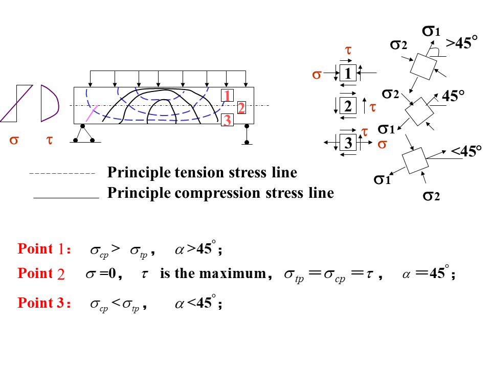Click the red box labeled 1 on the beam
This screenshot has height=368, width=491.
point(228,95)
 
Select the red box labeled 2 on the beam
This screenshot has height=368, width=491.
point(241,107)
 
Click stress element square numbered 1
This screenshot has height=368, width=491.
point(348,73)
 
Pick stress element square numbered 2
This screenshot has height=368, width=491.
point(348,106)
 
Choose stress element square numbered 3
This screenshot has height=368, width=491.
point(348,142)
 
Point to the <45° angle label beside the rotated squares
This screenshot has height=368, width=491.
point(466,151)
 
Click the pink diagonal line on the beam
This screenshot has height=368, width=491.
point(92,113)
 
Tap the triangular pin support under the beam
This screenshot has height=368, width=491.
point(84,133)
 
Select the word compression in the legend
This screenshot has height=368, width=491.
point(218,193)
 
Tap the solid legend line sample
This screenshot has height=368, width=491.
point(65,197)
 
